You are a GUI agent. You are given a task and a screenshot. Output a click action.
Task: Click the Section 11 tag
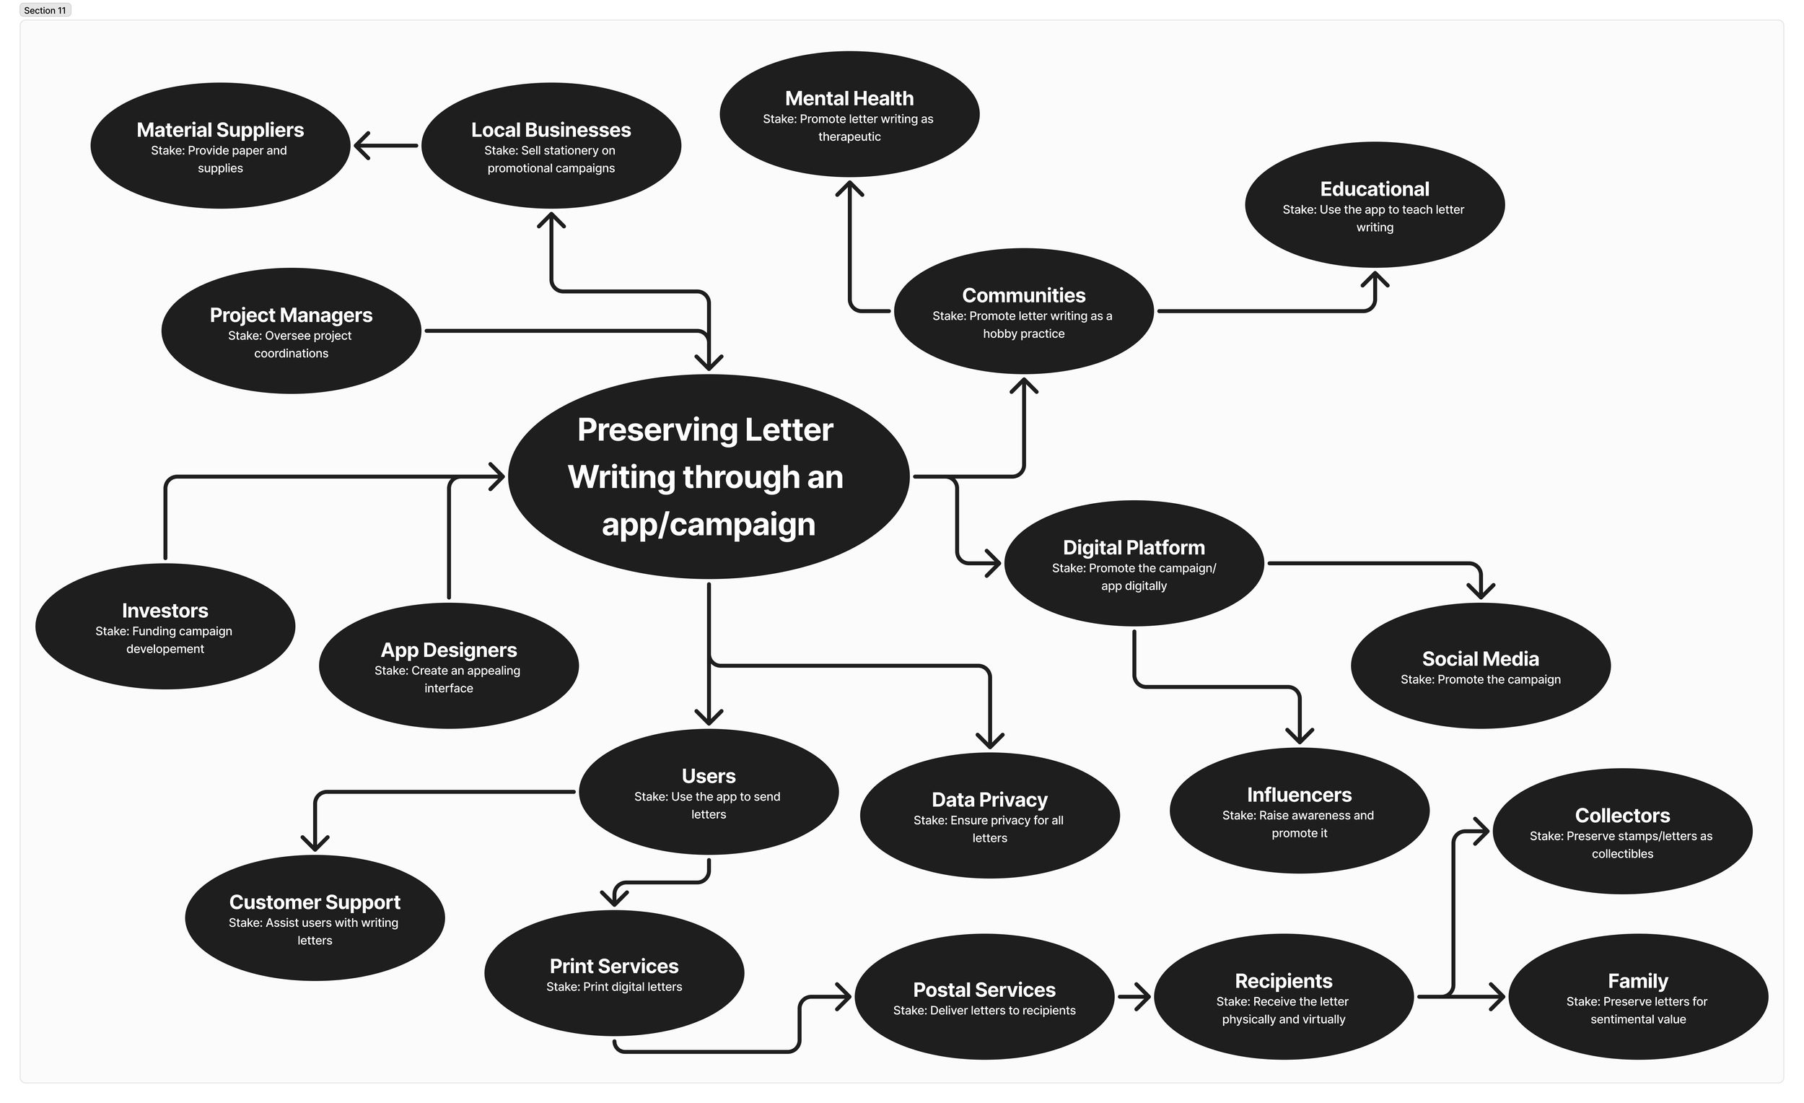(x=45, y=10)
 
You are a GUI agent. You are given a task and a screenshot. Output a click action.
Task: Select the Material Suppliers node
(x=219, y=146)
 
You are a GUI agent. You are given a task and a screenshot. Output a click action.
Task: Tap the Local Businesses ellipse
(x=551, y=146)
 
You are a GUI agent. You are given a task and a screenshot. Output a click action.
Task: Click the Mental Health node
(x=849, y=114)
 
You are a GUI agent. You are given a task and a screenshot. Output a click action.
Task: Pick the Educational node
(x=1374, y=205)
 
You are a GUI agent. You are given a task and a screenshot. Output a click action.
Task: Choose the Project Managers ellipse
(x=291, y=331)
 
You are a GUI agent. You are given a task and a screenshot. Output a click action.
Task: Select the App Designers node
(x=448, y=666)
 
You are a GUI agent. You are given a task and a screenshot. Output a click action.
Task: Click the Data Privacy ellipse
(x=989, y=815)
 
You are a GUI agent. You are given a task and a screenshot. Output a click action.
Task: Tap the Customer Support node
(x=314, y=917)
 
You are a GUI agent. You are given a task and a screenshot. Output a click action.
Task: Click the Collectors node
(x=1621, y=832)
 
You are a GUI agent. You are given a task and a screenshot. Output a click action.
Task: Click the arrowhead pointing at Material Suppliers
(x=362, y=146)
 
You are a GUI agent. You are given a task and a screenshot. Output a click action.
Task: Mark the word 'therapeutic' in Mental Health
(x=849, y=137)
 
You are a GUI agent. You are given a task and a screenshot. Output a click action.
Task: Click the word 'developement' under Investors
(x=165, y=649)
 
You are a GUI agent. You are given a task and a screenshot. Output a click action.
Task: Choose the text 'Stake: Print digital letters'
(x=613, y=987)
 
